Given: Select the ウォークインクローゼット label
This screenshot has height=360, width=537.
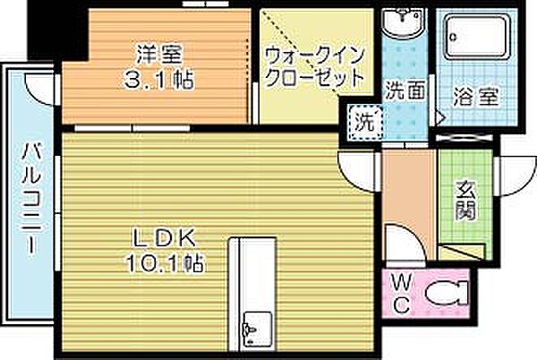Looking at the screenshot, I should tap(314, 65).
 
